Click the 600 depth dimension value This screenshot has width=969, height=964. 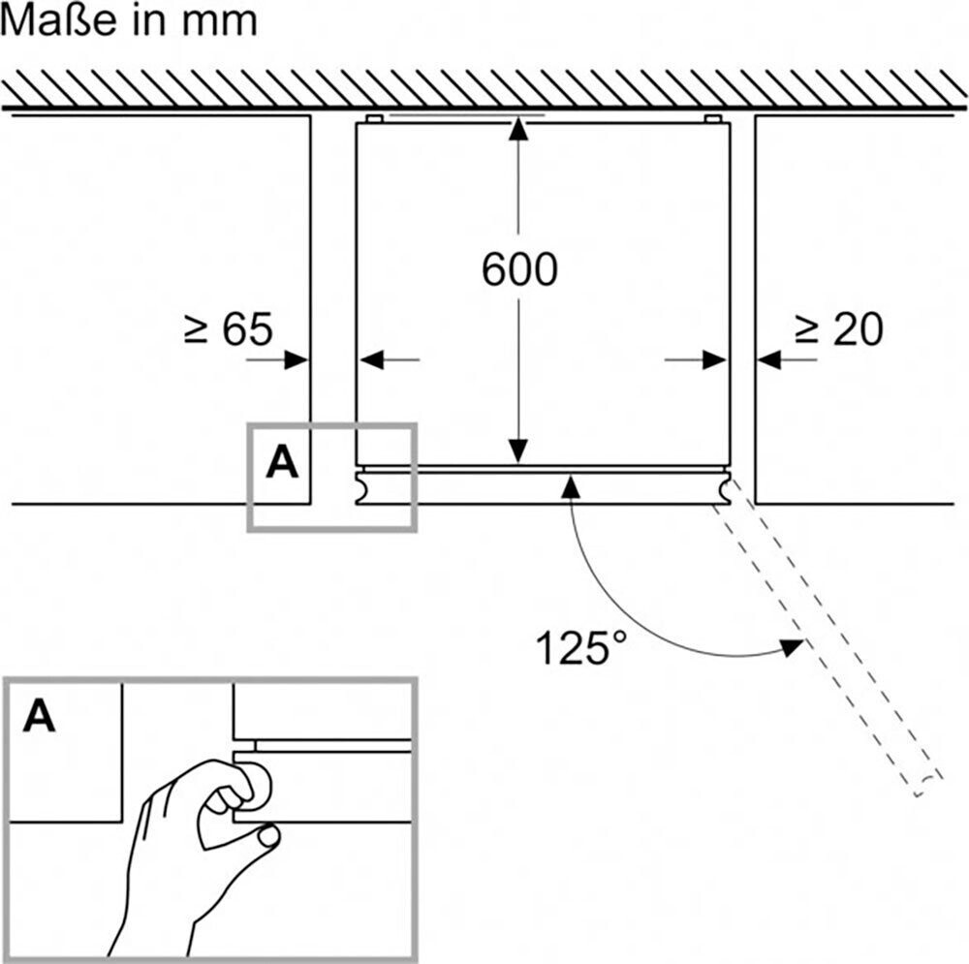click(x=519, y=269)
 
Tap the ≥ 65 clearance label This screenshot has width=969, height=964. click(x=228, y=328)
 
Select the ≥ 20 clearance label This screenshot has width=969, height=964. click(x=838, y=328)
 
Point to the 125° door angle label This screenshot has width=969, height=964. click(x=579, y=647)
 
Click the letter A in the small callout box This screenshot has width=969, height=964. click(x=282, y=462)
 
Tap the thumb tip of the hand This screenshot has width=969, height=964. click(x=268, y=837)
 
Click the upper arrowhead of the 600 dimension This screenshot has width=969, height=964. click(x=518, y=128)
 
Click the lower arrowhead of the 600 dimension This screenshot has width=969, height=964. click(x=518, y=451)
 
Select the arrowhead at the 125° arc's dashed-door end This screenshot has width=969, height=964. click(x=792, y=647)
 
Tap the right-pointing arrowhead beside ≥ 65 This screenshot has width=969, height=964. click(x=296, y=359)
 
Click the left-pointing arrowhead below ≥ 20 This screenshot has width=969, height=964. click(x=768, y=359)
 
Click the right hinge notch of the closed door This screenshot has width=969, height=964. click(x=724, y=487)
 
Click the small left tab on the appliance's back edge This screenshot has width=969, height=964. click(x=374, y=118)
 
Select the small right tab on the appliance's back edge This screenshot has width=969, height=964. click(x=712, y=118)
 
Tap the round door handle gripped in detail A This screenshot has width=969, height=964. click(x=254, y=786)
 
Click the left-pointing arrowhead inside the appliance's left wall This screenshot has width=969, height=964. click(x=371, y=359)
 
